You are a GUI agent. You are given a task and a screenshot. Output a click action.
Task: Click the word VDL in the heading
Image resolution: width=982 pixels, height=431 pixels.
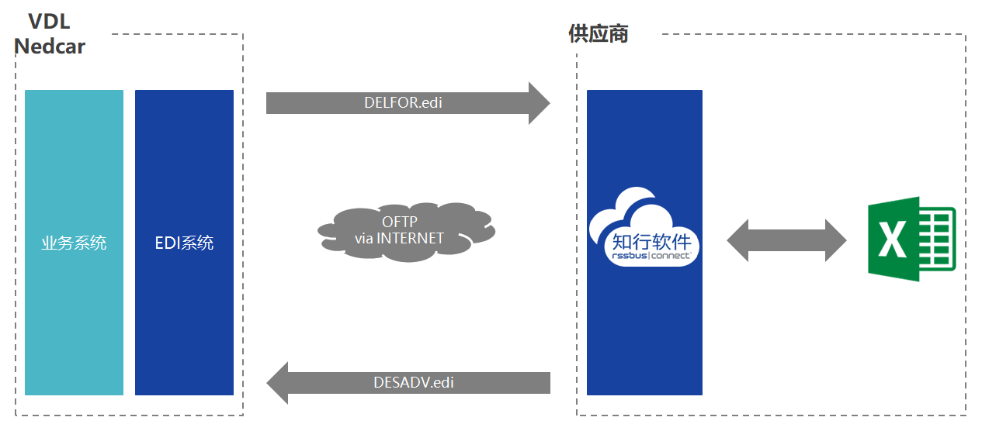pos(49,22)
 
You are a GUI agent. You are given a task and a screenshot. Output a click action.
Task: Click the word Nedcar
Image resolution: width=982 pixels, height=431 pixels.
pos(50,47)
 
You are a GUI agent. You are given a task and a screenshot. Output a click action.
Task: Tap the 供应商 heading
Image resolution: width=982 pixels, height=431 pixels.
pos(599,33)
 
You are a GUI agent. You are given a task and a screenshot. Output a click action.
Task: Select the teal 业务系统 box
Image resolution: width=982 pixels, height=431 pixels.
pos(74,243)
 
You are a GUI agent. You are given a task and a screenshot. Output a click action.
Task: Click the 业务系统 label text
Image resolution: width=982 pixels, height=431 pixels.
pos(74,243)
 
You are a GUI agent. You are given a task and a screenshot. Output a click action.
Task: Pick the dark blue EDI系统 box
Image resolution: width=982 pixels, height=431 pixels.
pos(184,243)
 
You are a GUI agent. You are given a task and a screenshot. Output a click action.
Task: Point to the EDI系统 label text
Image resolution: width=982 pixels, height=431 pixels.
pos(184,243)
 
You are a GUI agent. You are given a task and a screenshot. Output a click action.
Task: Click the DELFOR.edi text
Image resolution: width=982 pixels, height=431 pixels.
pos(404,103)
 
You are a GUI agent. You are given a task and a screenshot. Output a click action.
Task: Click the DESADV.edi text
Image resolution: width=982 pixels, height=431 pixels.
pos(414,383)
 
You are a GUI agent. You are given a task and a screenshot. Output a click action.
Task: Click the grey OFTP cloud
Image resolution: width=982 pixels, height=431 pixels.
pos(407,232)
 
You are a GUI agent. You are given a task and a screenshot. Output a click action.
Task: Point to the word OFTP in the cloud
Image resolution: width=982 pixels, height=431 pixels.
pos(399,222)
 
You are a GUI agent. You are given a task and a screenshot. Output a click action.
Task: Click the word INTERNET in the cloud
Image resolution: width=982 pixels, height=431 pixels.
pos(411,239)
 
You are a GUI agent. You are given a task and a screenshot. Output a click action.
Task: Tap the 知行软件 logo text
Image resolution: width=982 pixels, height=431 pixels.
pos(651,242)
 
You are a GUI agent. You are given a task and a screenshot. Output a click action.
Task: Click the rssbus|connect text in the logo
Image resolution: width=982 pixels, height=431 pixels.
pos(651,255)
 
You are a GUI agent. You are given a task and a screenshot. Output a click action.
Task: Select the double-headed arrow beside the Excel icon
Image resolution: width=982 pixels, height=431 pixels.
pos(786,240)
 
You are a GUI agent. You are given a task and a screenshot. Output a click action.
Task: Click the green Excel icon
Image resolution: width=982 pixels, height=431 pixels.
pos(912,239)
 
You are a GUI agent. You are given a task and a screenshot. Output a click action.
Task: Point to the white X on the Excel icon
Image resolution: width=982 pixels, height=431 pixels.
pos(892,239)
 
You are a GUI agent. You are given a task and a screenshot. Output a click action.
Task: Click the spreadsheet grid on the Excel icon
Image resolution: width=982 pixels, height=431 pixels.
pos(937,239)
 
